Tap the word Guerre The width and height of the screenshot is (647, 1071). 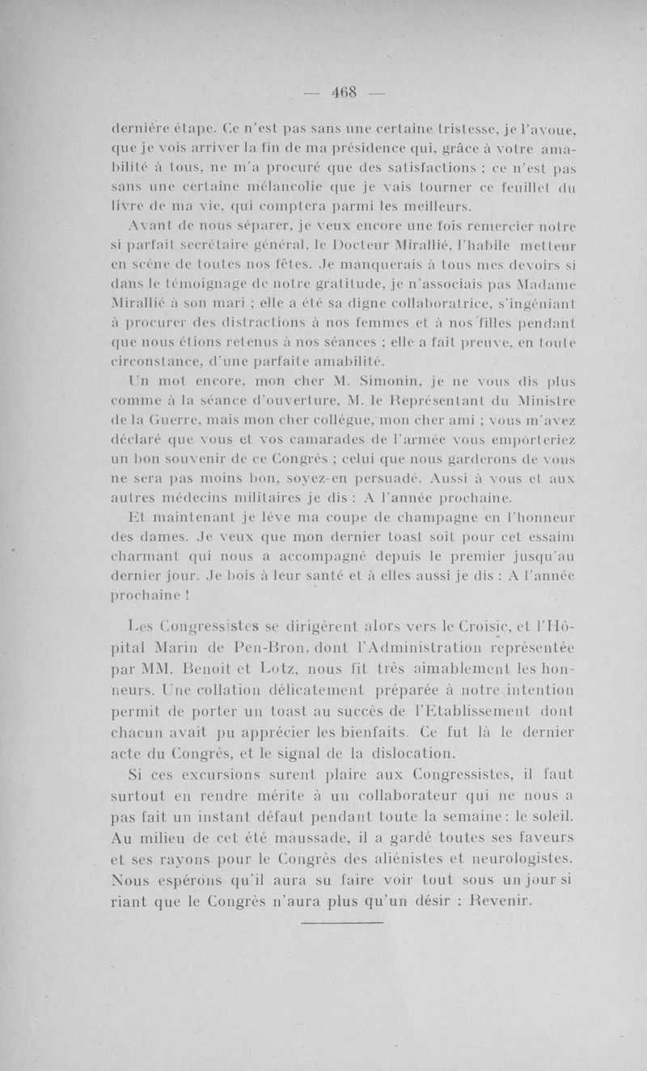coord(183,419)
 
